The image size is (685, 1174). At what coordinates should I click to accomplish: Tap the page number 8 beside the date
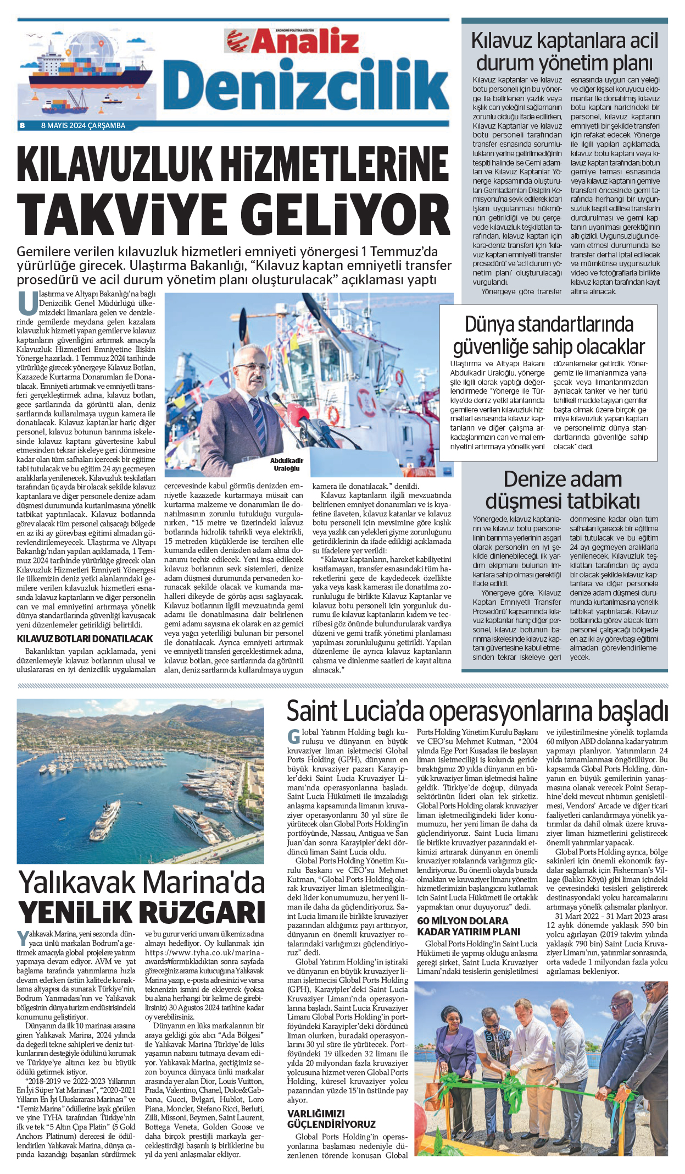coord(23,125)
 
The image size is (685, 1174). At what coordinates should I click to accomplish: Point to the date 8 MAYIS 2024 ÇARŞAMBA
coord(83,125)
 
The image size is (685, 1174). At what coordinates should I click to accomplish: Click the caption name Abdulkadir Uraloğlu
coord(287,464)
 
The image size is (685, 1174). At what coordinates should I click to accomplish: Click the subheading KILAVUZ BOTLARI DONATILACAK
coord(85,639)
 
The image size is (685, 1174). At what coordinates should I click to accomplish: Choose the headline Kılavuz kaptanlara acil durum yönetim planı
coord(564,52)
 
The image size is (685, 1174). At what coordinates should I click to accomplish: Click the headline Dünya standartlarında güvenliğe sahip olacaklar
coord(549,335)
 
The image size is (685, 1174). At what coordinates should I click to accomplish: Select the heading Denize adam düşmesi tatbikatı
coord(563,490)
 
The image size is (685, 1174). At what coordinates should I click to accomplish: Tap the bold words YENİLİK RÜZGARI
coord(142,913)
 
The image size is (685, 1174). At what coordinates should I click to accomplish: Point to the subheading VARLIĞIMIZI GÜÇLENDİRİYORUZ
coord(331,1119)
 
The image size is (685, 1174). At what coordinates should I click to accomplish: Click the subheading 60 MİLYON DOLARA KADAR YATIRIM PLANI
coord(469,926)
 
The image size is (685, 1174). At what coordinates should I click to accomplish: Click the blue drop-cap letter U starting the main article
coord(27,303)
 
